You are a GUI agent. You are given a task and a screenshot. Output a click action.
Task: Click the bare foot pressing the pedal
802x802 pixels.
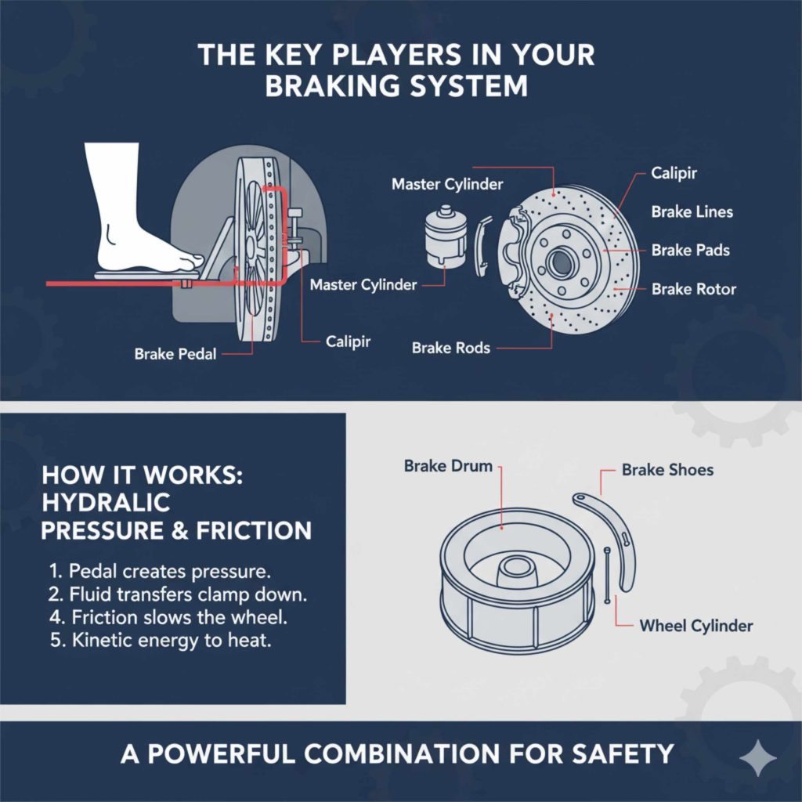pyautogui.click(x=129, y=227)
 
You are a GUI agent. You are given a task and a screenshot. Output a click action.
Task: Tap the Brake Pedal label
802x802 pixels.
pyautogui.click(x=175, y=354)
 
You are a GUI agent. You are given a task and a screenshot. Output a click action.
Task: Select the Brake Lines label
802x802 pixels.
pyautogui.click(x=692, y=212)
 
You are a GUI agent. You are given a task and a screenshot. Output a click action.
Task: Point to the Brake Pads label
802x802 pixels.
pyautogui.click(x=690, y=251)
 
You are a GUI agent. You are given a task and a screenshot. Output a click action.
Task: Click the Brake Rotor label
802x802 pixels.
pyautogui.click(x=693, y=289)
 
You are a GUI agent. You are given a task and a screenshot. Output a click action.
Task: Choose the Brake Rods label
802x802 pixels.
pyautogui.click(x=450, y=348)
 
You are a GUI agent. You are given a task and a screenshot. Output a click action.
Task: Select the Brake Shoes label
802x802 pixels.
pyautogui.click(x=667, y=470)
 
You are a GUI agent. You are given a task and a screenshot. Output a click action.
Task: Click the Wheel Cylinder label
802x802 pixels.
pyautogui.click(x=695, y=625)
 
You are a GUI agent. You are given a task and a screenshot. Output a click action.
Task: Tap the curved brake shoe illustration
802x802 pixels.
pyautogui.click(x=619, y=540)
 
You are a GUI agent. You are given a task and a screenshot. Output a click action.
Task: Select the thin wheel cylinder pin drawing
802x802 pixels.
pyautogui.click(x=608, y=576)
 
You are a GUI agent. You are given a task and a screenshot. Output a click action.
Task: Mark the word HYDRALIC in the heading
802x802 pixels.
pyautogui.click(x=106, y=502)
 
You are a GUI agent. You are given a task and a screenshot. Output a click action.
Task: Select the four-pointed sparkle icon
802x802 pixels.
pyautogui.click(x=758, y=757)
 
